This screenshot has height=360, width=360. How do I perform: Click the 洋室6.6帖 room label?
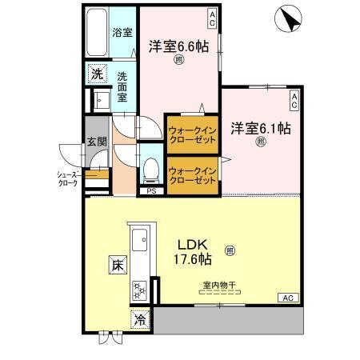click(x=179, y=47)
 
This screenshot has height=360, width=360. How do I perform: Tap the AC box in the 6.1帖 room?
click(x=294, y=99)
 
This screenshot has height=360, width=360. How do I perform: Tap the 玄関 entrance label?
click(x=96, y=143)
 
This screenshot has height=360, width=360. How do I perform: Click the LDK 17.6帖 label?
click(x=193, y=252)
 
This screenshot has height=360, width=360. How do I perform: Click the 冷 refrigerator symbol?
click(x=140, y=318)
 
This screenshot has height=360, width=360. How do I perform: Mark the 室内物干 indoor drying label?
click(x=218, y=284)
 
